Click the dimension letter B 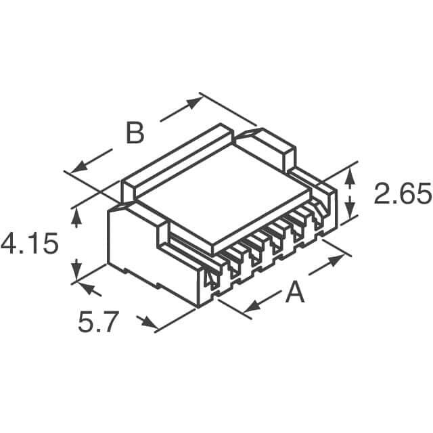(135, 133)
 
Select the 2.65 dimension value (402, 196)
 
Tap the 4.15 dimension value (29, 244)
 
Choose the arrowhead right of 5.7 (146, 321)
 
